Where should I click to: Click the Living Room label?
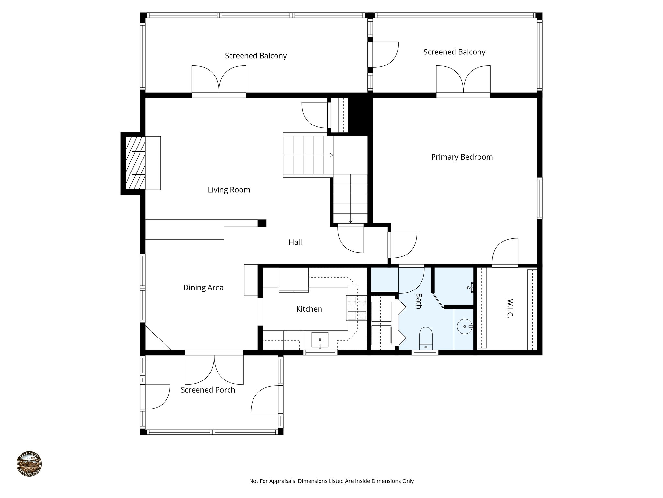click(229, 190)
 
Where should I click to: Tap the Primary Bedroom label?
click(462, 157)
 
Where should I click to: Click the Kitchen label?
click(309, 309)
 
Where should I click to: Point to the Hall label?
click(295, 242)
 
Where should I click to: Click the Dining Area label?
click(203, 288)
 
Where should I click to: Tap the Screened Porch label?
click(208, 390)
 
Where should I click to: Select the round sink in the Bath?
click(465, 326)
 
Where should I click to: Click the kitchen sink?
click(320, 340)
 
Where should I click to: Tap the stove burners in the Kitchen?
click(356, 308)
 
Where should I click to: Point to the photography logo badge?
click(29, 464)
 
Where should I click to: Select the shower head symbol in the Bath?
click(471, 287)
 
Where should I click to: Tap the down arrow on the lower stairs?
click(350, 221)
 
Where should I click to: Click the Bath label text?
click(419, 301)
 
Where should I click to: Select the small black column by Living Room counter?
click(262, 223)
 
